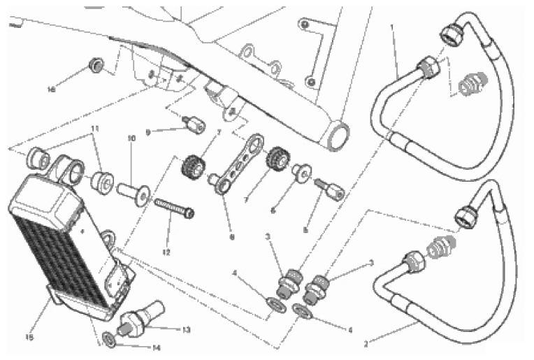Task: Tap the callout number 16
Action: coord(51,89)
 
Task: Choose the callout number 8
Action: coord(231,236)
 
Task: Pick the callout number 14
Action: coord(157,347)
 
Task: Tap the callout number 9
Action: coord(148,131)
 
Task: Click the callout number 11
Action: coord(95,129)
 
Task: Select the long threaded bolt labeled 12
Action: coord(173,208)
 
